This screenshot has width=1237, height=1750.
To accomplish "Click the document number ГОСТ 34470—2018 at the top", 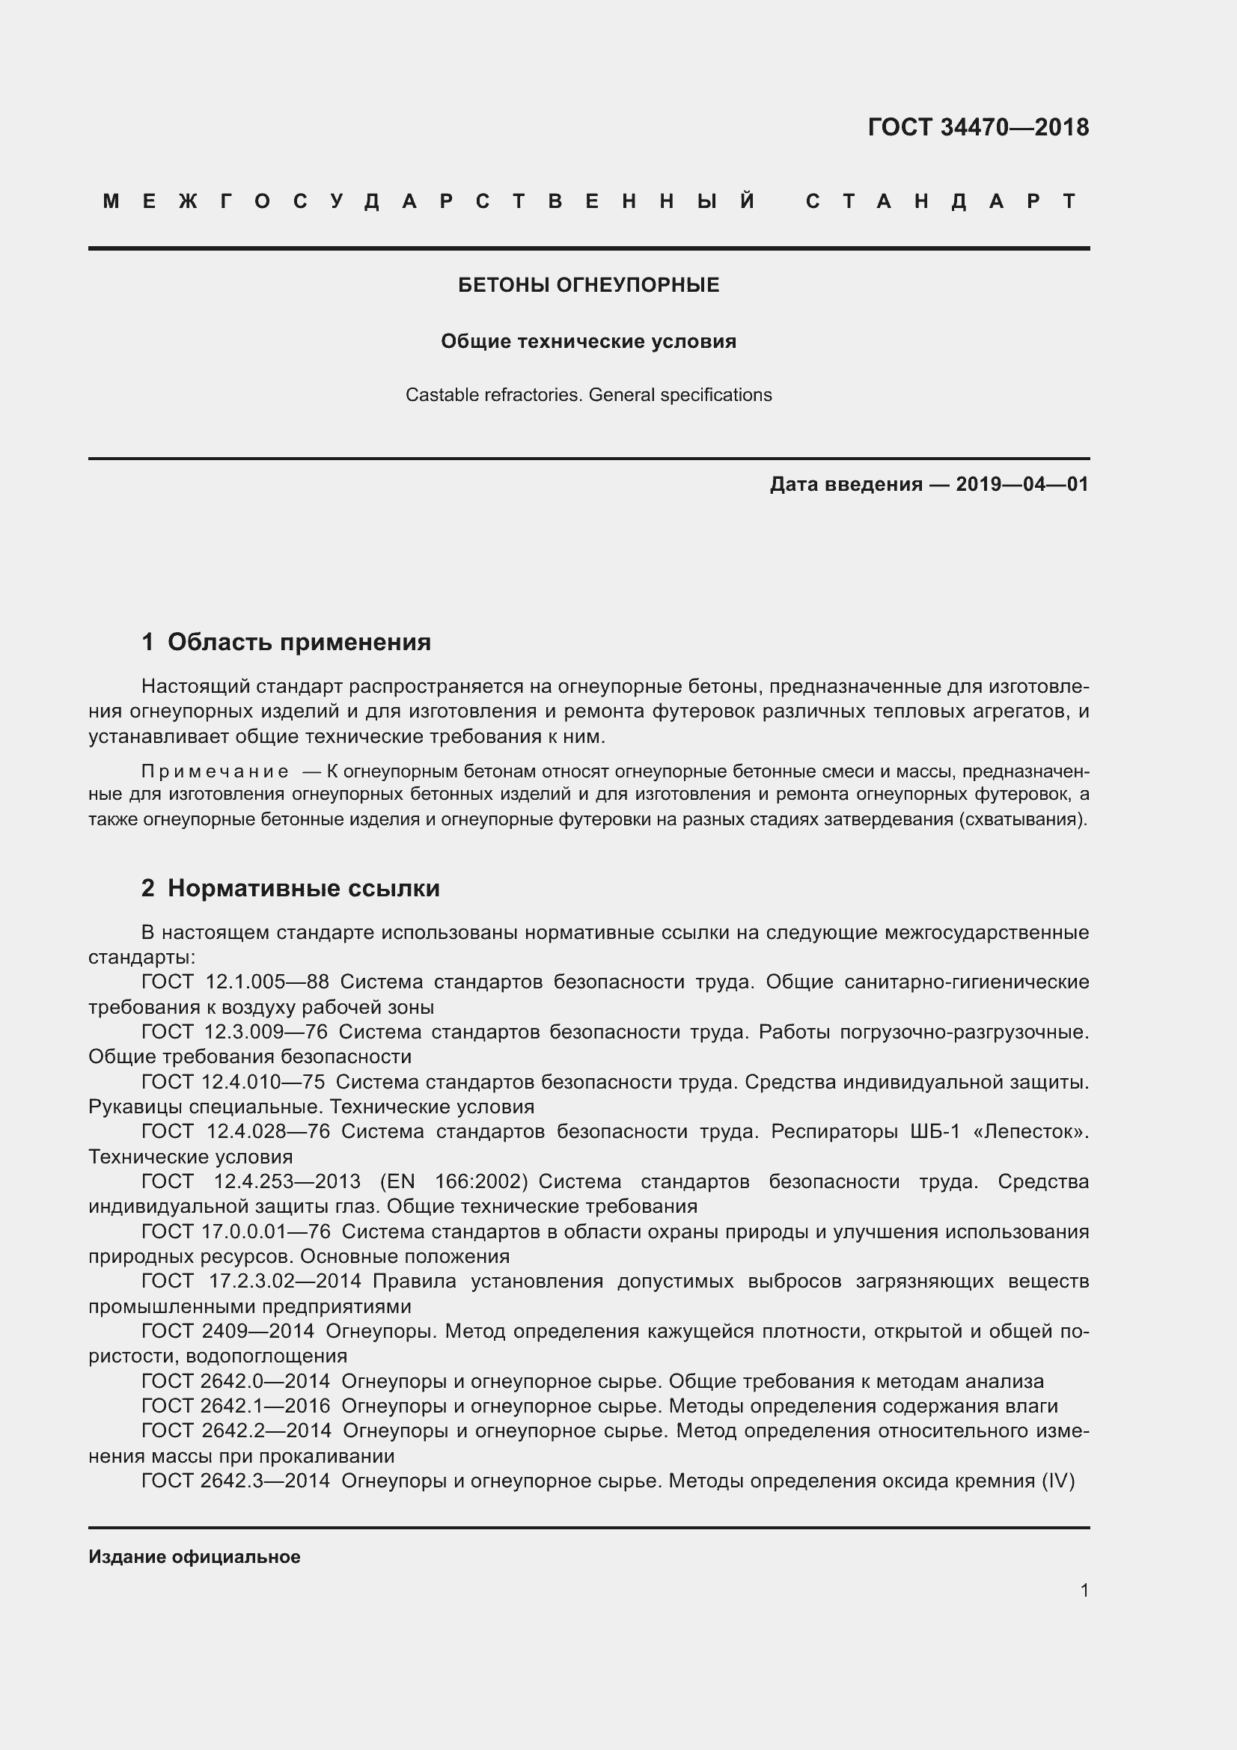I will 978,127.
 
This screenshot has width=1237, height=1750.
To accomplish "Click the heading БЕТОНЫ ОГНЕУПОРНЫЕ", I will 588,285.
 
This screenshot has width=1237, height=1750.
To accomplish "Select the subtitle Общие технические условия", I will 588,341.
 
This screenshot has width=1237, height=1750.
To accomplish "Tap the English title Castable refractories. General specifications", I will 588,395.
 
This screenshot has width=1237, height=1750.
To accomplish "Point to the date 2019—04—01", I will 1022,484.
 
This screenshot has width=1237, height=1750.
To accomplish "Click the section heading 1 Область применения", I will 286,642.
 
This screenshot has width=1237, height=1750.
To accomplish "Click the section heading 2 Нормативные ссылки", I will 290,888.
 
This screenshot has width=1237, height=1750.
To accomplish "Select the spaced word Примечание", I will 215,771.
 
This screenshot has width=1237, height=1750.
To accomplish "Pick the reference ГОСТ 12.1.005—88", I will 236,982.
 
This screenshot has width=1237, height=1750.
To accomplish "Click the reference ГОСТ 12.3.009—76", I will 235,1032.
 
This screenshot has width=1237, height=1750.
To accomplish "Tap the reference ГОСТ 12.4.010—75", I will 233,1083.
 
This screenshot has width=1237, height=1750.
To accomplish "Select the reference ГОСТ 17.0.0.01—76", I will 236,1232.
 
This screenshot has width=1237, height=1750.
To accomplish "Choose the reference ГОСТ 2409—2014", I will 228,1332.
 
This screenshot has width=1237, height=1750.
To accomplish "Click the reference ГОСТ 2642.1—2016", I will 236,1406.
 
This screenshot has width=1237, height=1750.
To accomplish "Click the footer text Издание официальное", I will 195,1557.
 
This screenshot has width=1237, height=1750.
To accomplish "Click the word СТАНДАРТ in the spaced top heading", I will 941,201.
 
